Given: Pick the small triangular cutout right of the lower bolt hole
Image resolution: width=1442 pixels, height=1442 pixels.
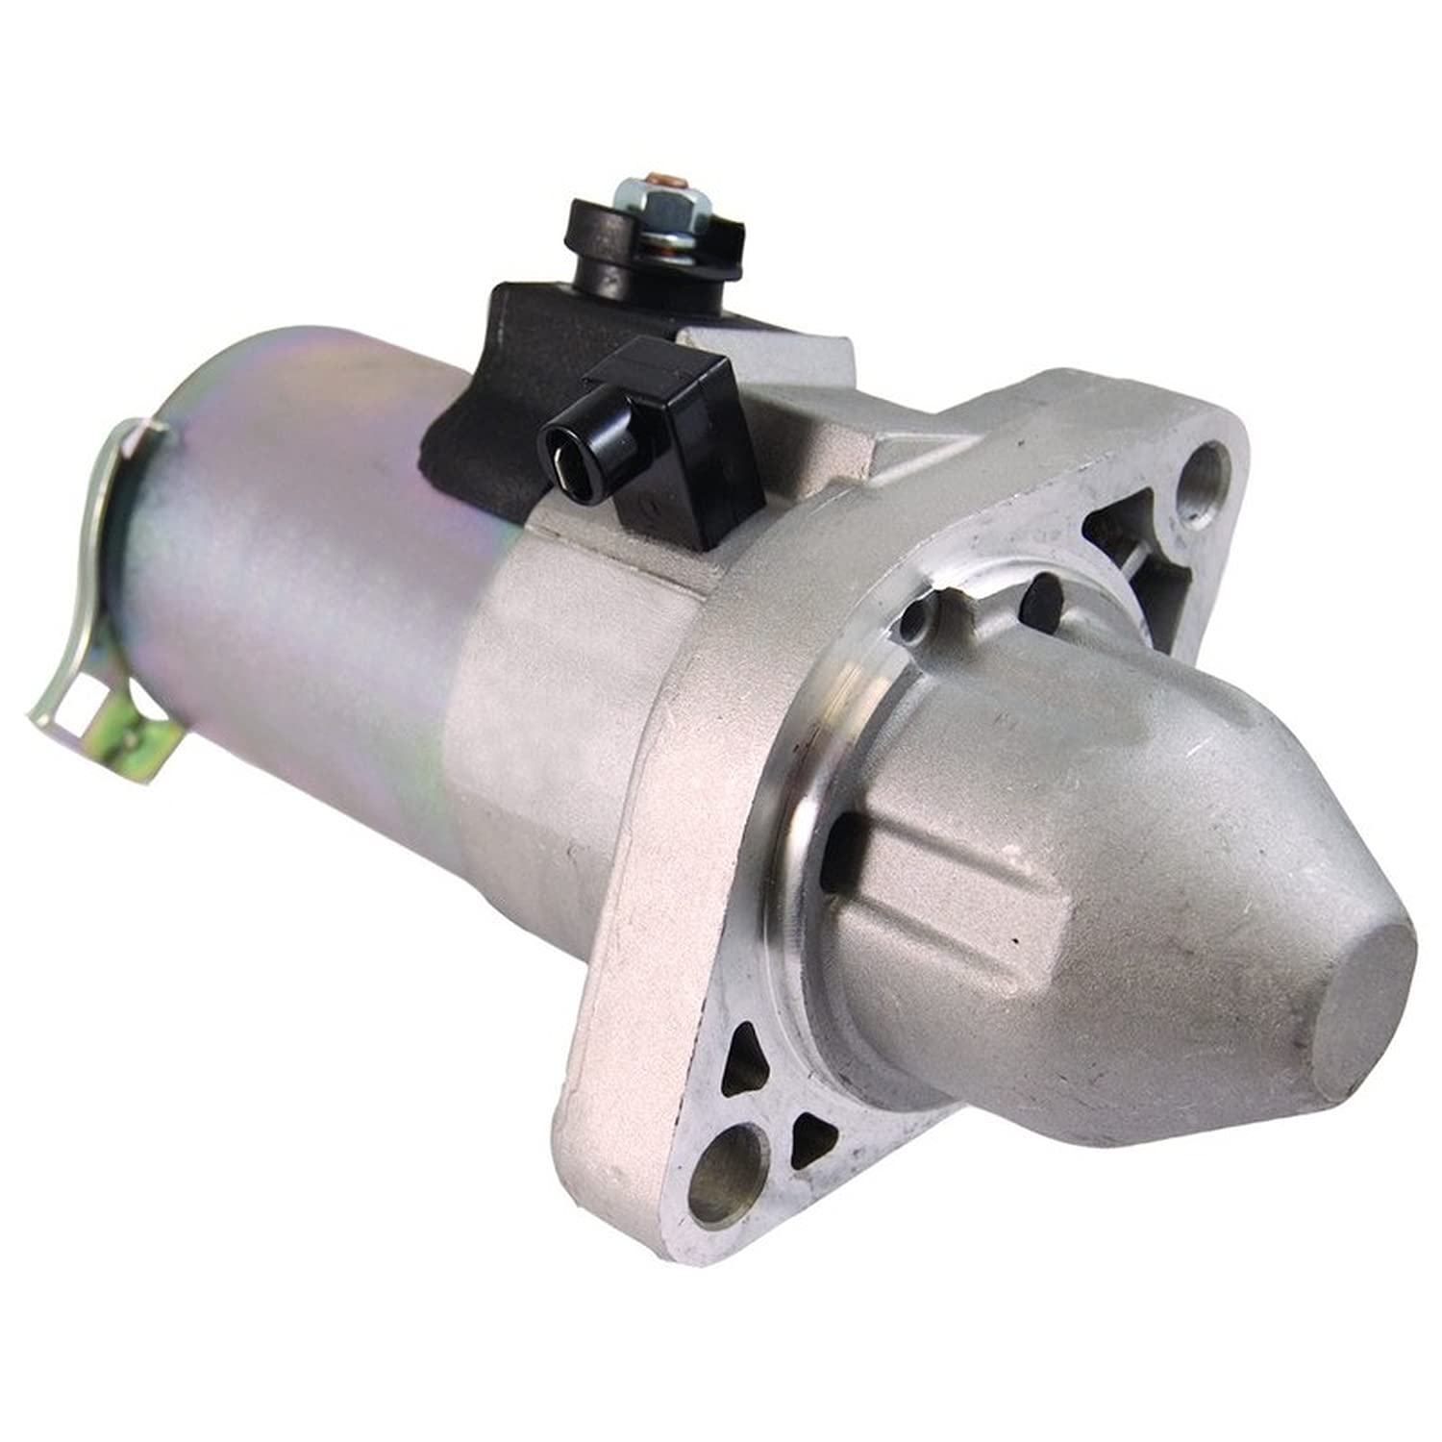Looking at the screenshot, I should point(812,1139).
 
